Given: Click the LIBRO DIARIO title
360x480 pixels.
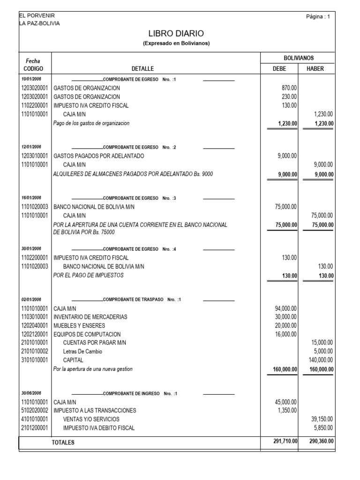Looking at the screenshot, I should click(176, 33).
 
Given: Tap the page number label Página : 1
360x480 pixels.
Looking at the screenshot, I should click(317, 17).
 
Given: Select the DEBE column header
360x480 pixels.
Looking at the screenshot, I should click(279, 68).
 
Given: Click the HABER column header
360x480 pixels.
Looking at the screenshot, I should click(315, 68).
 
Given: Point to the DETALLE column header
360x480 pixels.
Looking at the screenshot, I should click(142, 68).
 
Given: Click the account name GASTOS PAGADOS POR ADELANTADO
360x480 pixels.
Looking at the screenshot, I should click(99, 156).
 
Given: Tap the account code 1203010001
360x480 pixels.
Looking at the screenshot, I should click(34, 156).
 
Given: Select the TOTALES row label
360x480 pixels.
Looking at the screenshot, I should click(63, 442).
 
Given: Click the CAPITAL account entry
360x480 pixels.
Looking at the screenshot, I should click(73, 360).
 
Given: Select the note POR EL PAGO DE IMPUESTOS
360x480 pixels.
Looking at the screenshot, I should click(89, 275).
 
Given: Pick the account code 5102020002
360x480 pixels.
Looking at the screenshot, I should click(34, 410).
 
